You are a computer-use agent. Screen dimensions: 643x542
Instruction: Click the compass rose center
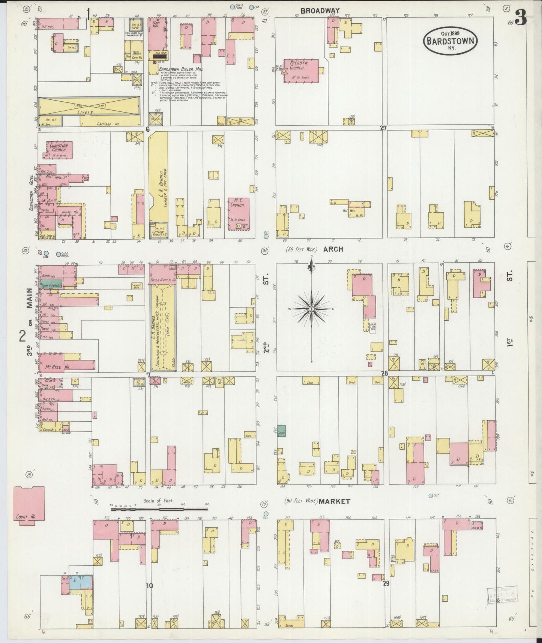click(311, 308)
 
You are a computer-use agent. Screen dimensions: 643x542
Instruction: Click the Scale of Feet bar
click(159, 509)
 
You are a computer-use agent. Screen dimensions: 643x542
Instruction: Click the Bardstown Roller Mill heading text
click(181, 70)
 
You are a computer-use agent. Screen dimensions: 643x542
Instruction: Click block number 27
click(383, 128)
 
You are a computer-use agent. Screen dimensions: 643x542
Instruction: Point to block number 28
click(384, 373)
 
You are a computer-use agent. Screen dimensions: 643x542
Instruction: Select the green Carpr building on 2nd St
click(281, 431)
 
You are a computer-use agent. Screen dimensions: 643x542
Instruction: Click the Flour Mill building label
click(156, 26)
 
